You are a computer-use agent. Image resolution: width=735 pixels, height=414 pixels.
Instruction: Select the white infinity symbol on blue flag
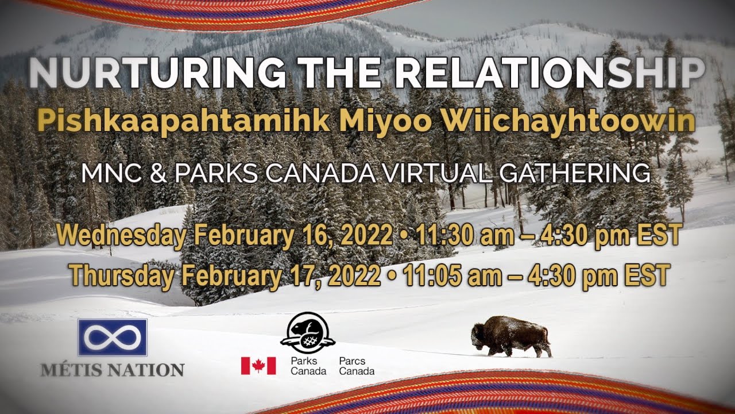coord(113,337)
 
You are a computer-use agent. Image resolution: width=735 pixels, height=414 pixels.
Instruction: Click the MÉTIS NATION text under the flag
coord(113,369)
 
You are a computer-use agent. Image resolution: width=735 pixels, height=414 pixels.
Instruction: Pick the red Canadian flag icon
coord(258,366)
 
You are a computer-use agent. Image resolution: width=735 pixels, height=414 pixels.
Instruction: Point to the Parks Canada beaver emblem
coord(308,333)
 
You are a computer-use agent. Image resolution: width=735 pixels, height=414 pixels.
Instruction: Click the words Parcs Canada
coord(357,366)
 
